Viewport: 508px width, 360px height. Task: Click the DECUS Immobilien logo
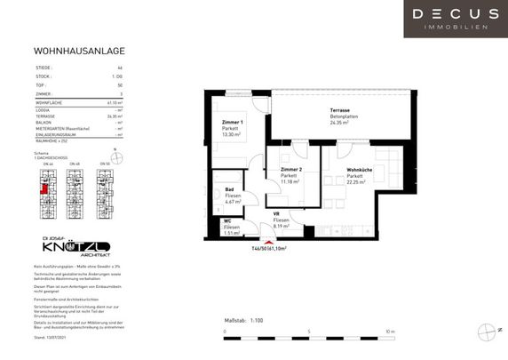[455, 18]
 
